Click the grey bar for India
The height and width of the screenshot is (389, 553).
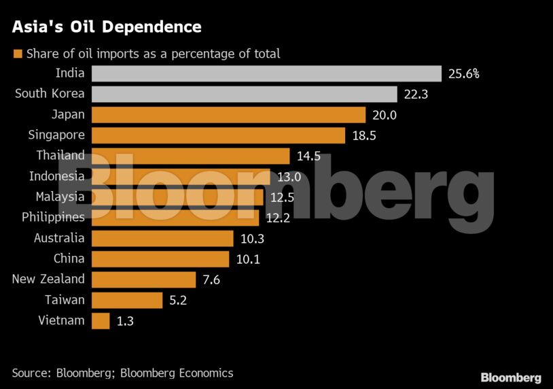point(266,73)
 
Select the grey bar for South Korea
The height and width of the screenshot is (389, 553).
point(244,94)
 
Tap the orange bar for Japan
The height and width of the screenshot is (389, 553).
point(228,115)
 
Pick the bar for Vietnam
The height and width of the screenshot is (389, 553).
point(100,320)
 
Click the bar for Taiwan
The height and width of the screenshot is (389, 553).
point(126,300)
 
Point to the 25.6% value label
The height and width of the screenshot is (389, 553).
point(464,73)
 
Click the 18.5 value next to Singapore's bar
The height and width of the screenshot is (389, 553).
point(364,135)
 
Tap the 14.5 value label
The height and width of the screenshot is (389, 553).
point(308,156)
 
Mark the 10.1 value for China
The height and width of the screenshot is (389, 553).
point(247,259)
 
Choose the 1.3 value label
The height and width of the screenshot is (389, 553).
point(125,320)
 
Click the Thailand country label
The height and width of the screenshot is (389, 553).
point(60,156)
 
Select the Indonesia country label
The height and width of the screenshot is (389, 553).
point(57,176)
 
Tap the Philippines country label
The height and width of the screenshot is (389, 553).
point(53,218)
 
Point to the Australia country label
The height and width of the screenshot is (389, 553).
point(59,238)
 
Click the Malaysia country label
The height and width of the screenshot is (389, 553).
point(60,197)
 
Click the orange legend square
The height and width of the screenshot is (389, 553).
point(18,54)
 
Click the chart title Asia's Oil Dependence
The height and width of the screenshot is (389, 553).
point(105,27)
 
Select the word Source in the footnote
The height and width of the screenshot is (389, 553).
point(31,373)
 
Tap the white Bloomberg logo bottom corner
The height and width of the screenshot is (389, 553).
point(511,377)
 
